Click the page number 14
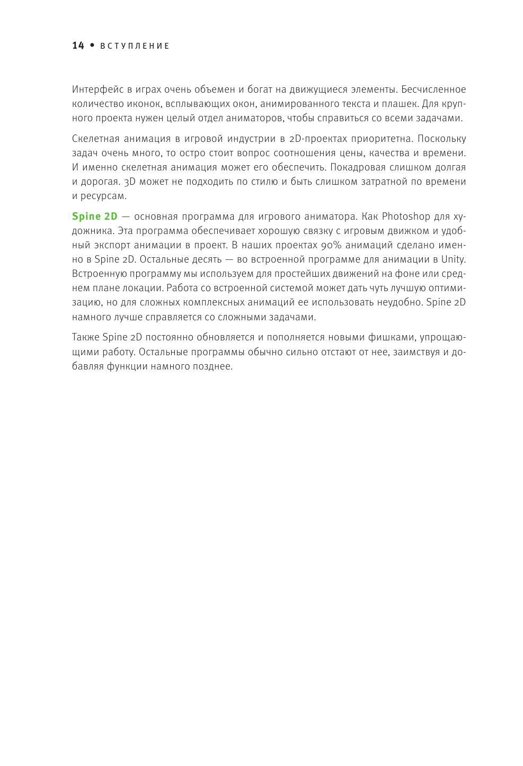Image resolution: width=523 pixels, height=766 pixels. coord(78,46)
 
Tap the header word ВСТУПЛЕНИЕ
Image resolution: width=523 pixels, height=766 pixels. coord(135,46)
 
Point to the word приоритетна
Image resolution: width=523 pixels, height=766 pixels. coord(379,139)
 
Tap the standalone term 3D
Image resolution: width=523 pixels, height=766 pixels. coord(130,182)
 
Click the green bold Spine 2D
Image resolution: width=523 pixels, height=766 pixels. coord(95,217)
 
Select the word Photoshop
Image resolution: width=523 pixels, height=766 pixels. coord(406,217)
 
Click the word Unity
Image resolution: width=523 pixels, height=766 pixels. coord(453,259)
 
